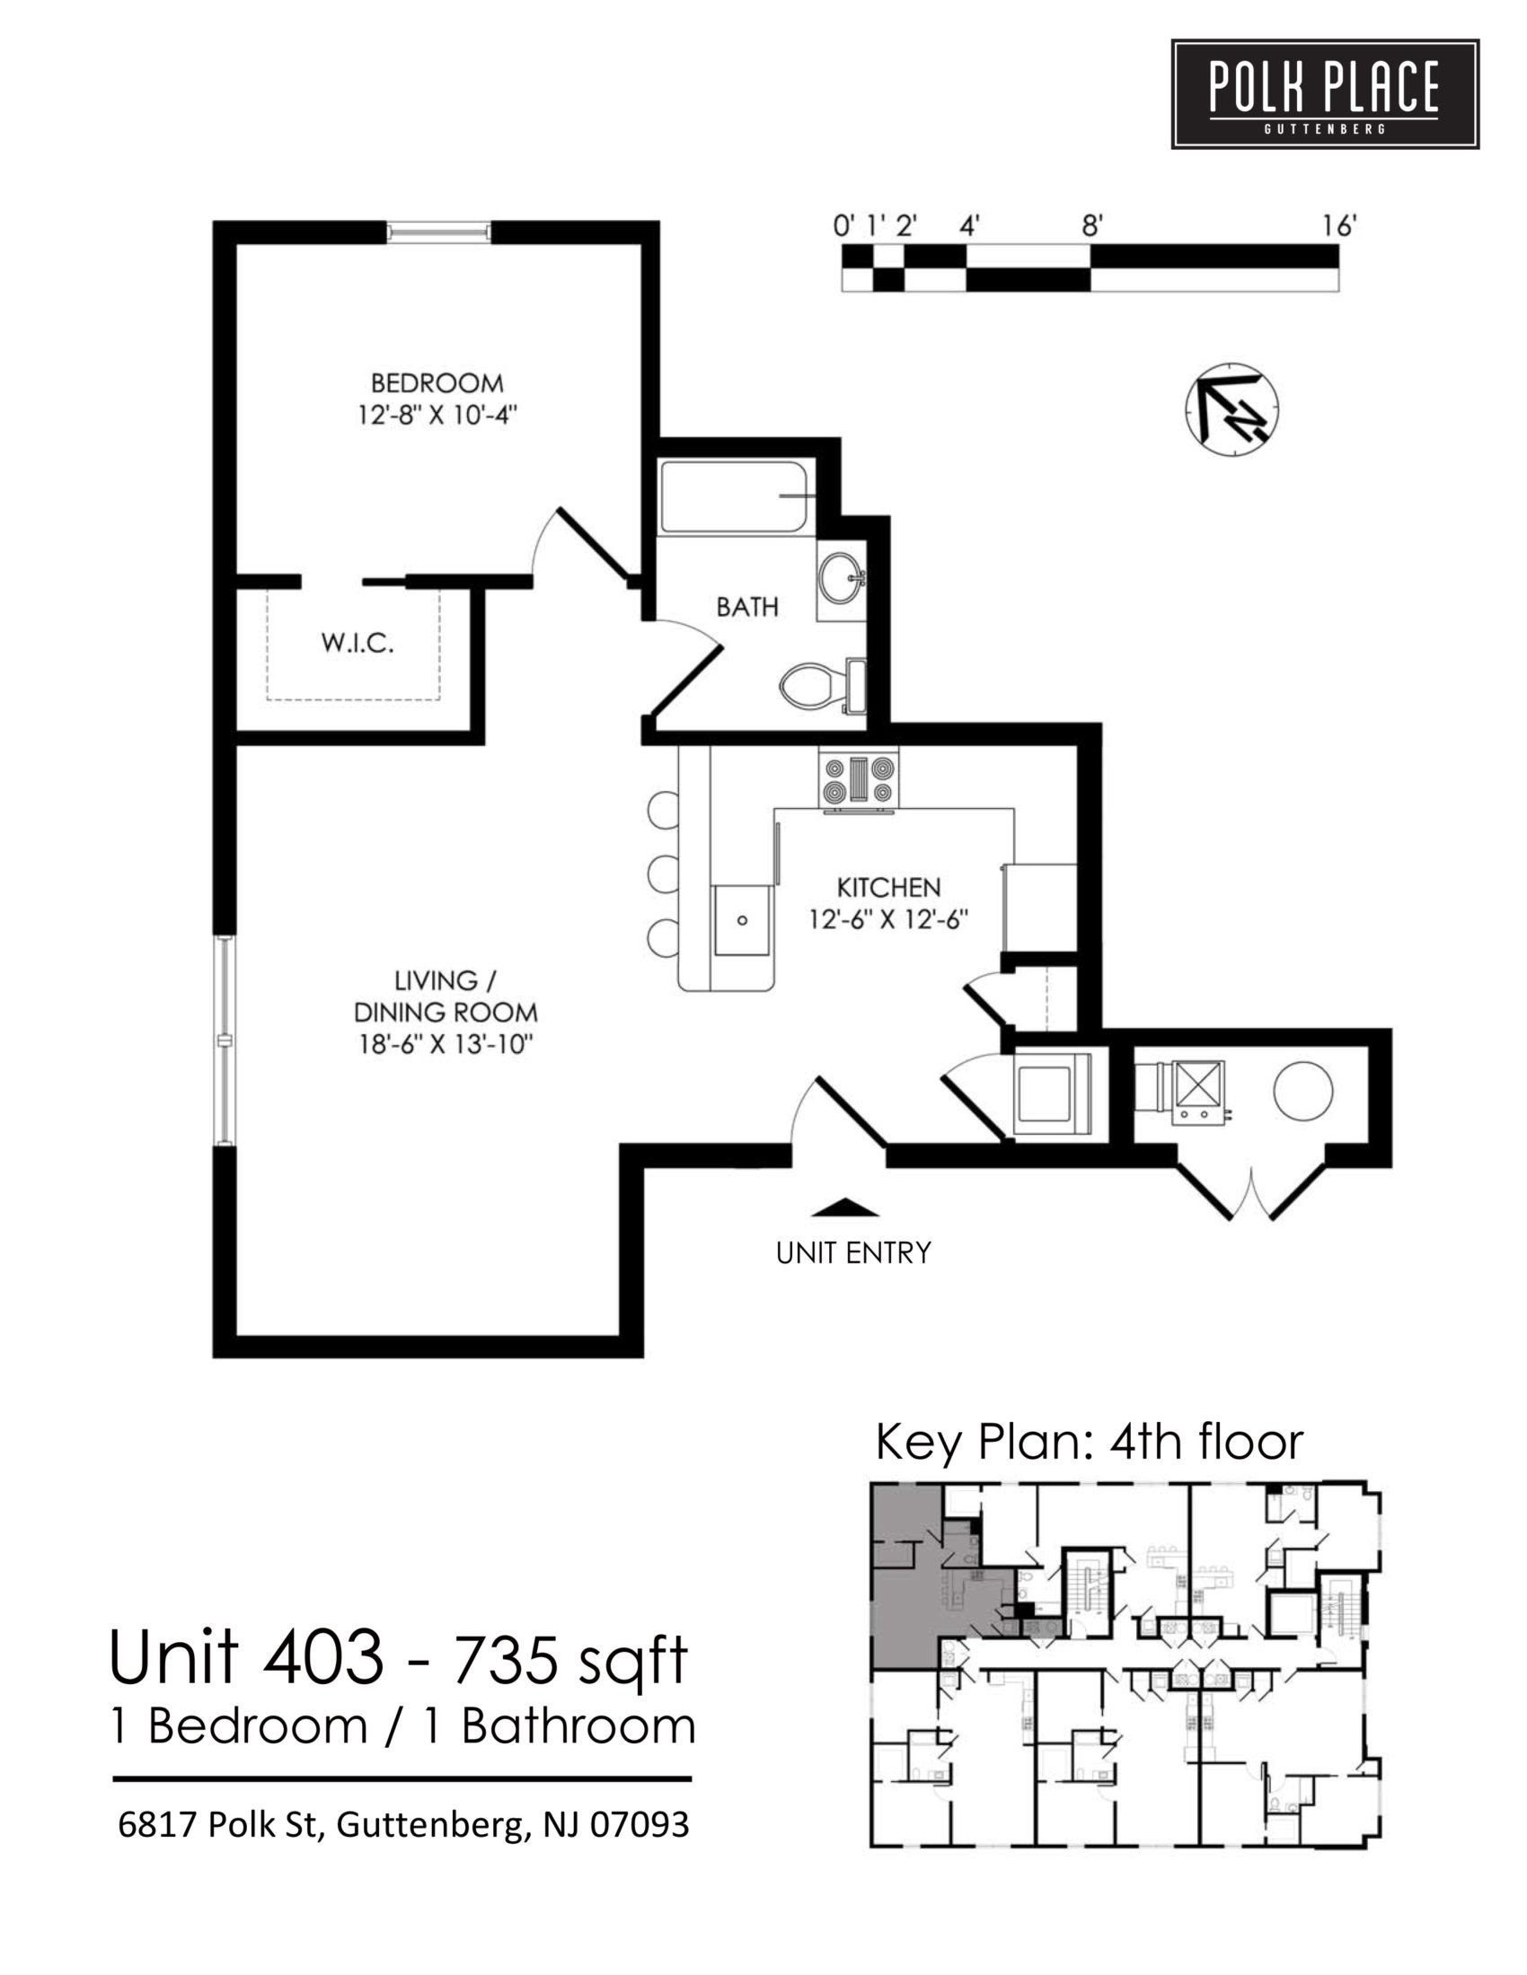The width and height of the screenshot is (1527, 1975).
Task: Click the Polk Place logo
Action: click(1324, 93)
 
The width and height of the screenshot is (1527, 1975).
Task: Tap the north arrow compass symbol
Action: click(1231, 408)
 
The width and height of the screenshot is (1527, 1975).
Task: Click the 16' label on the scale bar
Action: click(1338, 226)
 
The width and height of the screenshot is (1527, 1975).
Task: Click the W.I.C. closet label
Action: click(357, 645)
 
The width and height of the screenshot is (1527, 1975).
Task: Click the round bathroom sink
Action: click(843, 575)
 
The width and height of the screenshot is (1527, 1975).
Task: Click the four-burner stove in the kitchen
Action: click(859, 780)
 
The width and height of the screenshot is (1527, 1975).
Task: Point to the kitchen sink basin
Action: click(742, 920)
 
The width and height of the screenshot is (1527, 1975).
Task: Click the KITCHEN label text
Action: click(888, 887)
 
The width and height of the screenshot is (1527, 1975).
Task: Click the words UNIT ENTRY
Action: click(853, 1253)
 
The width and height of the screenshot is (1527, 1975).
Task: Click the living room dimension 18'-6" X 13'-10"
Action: click(445, 1044)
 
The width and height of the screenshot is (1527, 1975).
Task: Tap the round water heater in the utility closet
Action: click(1302, 1091)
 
